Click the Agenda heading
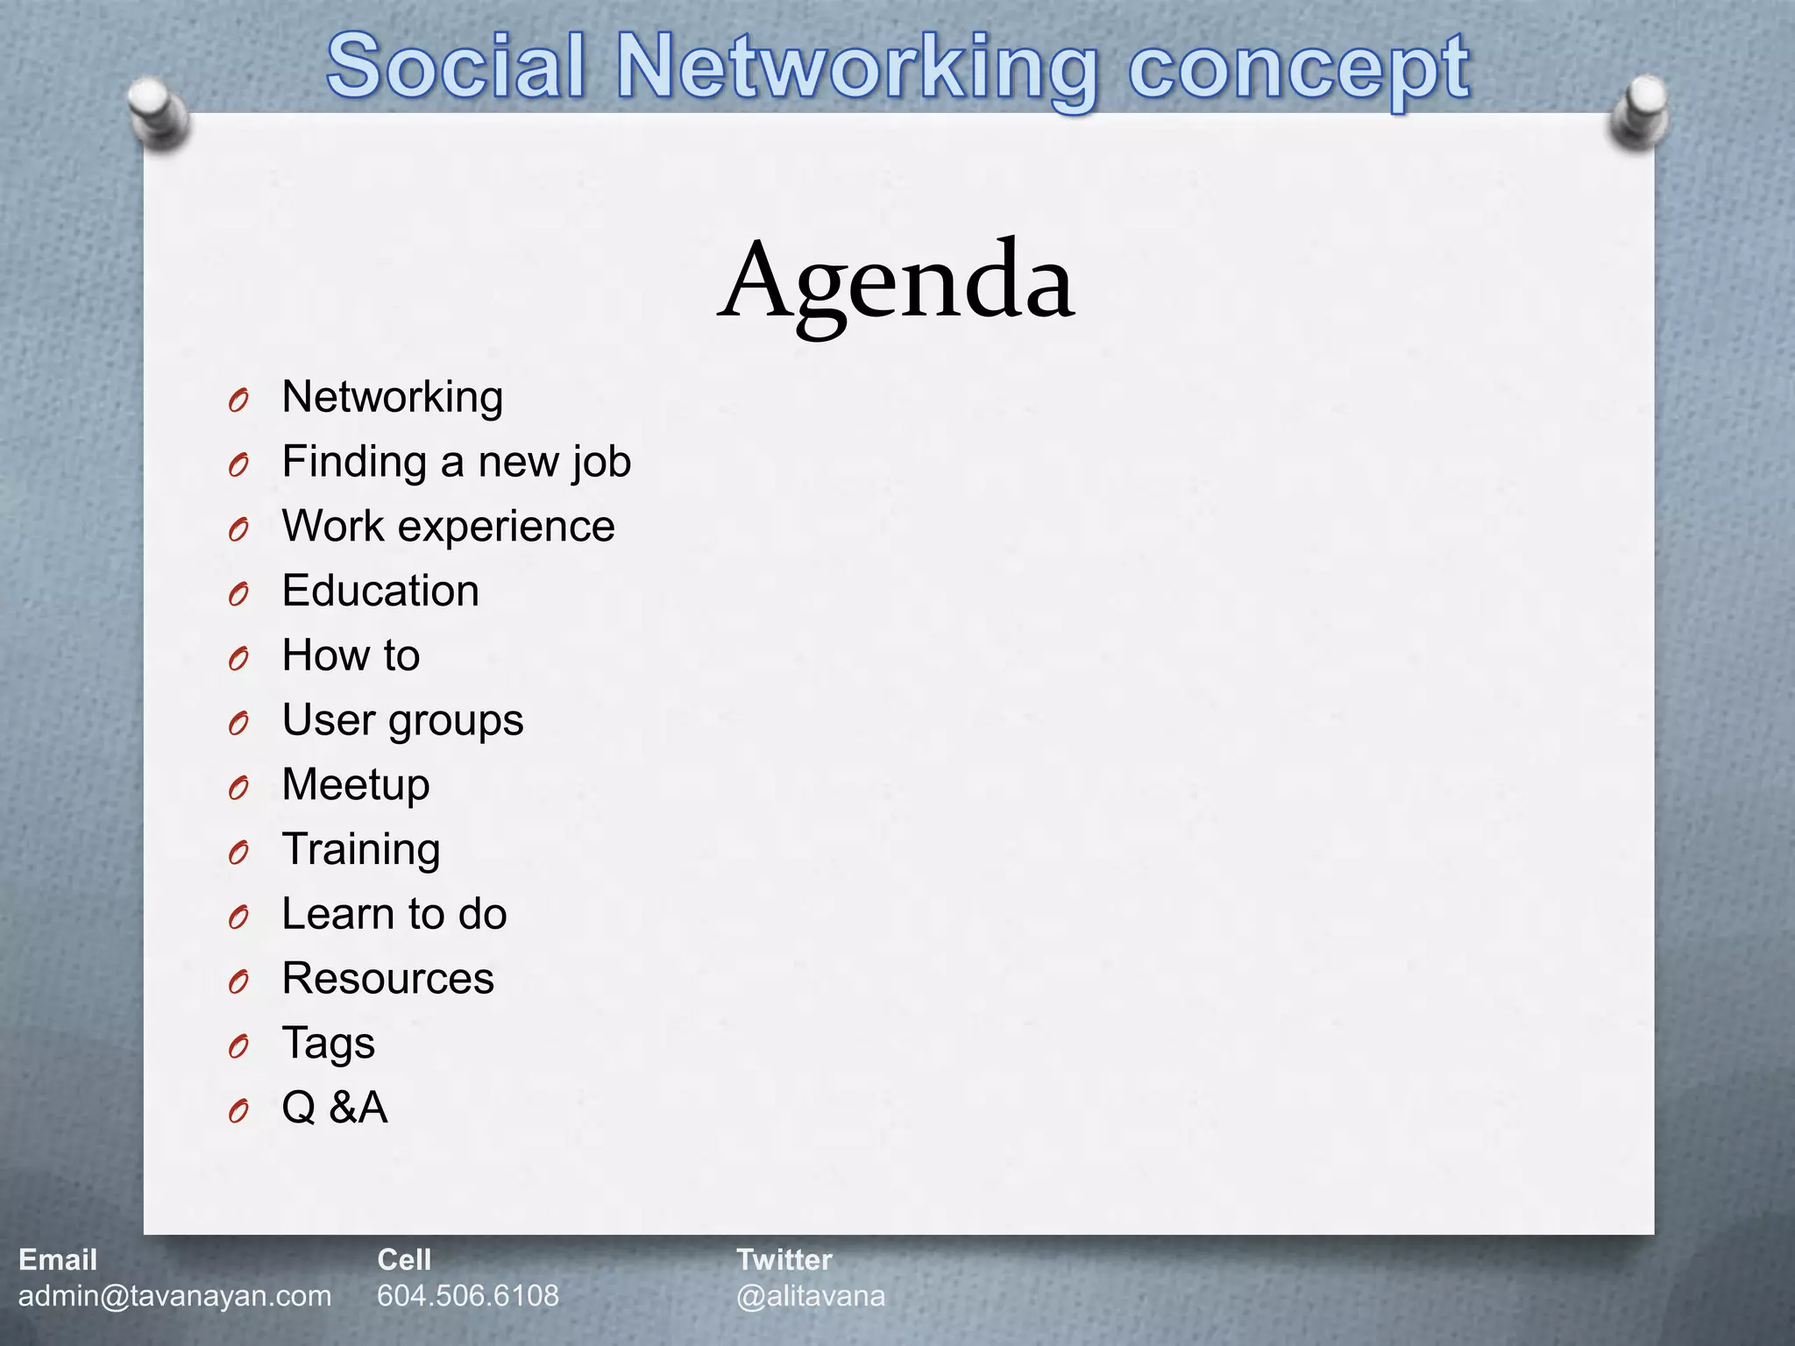896,282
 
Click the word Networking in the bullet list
392,397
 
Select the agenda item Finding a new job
456,462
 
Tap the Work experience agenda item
448,527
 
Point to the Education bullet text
380,591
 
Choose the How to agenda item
351,655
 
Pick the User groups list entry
402,720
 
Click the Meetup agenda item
356,784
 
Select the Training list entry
361,849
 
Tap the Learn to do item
394,914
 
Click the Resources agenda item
387,978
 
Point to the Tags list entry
328,1043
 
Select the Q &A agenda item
334,1108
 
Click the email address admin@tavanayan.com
174,1295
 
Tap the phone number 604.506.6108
468,1295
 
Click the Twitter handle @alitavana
811,1295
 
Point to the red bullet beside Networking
238,401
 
